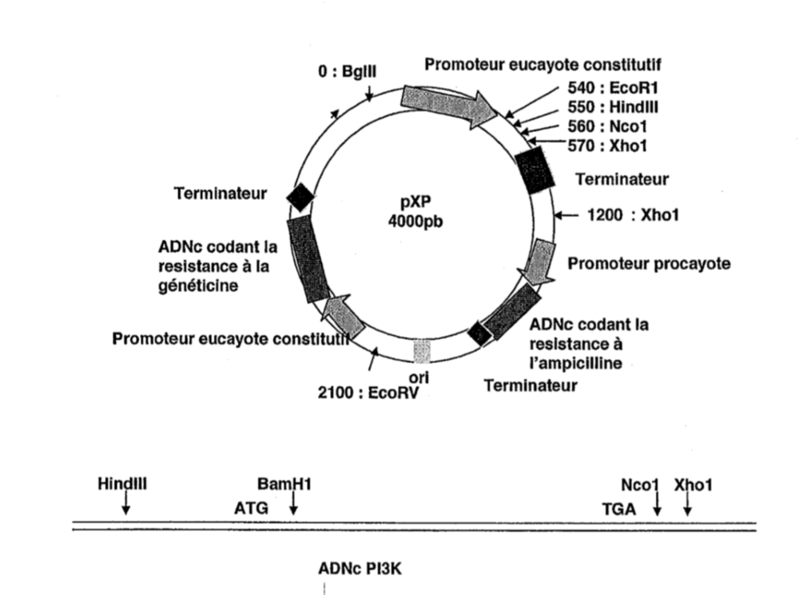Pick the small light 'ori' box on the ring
(422, 350)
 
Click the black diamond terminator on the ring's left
(300, 196)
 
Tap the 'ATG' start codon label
(251, 508)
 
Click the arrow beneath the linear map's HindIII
(126, 505)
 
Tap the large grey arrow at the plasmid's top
(451, 103)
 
